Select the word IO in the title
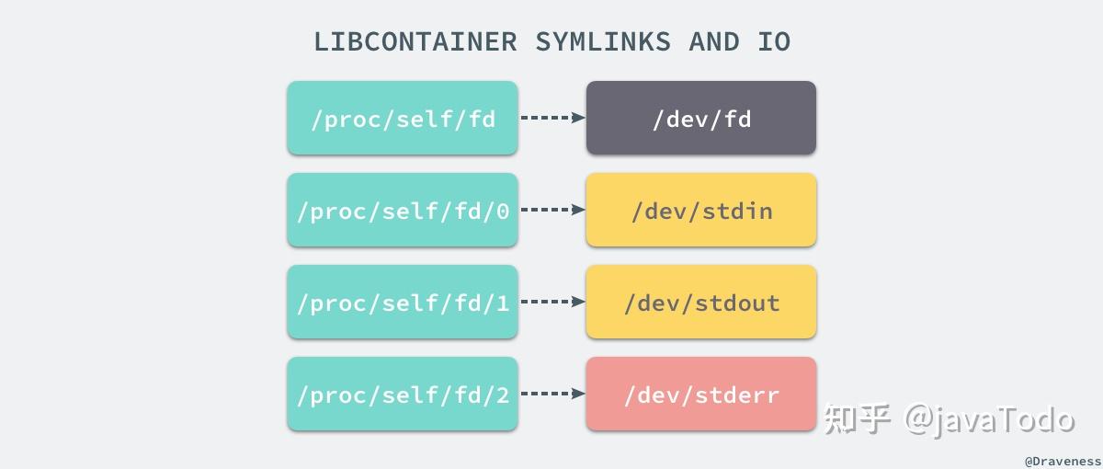(774, 42)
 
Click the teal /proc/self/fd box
(403, 118)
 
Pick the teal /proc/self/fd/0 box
(403, 210)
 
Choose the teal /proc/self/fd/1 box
(403, 302)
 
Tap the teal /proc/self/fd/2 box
(403, 394)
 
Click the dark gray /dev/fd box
(701, 118)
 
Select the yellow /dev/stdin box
(701, 210)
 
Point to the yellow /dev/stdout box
(701, 302)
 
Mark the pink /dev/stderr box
(701, 394)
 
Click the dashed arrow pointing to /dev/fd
(552, 118)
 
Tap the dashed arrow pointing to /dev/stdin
(552, 210)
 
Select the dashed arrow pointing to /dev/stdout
(552, 302)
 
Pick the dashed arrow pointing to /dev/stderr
(552, 394)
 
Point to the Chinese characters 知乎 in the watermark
(857, 419)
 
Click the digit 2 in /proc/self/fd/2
(502, 395)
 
